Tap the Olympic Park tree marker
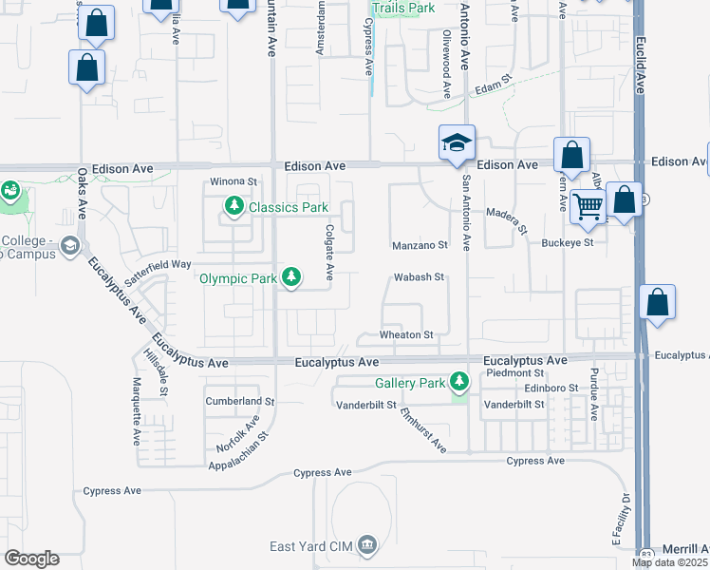pos(293,278)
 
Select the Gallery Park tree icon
pos(459,383)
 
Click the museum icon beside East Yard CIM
pos(367,545)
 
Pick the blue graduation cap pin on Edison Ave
pos(457,142)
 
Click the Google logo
pos(31,559)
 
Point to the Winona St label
pos(234,180)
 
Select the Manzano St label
pos(420,245)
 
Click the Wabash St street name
pos(420,277)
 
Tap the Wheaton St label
pos(406,334)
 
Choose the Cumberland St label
pos(239,402)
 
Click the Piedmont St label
pos(514,373)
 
